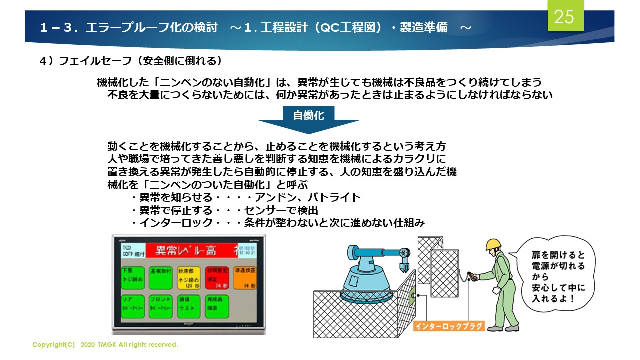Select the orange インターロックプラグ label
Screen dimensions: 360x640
pyautogui.click(x=449, y=326)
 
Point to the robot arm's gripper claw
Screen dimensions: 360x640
pyautogui.click(x=403, y=263)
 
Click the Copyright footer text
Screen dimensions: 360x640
pyautogui.click(x=105, y=345)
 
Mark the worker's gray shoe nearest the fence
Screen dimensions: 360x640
pyautogui.click(x=494, y=328)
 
